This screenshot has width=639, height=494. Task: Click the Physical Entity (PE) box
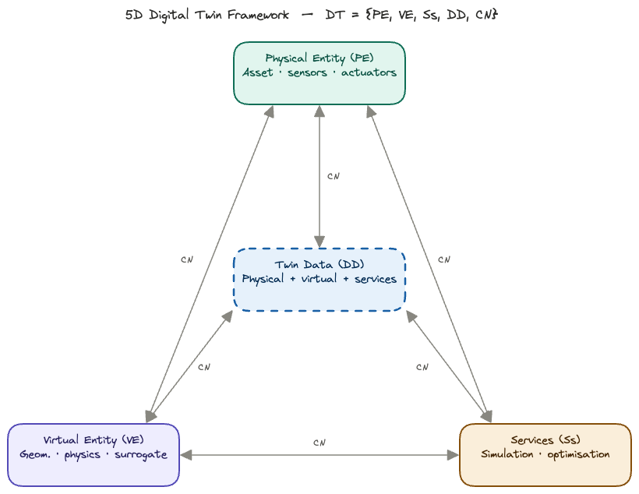[319, 72]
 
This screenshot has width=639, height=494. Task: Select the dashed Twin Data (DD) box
[319, 279]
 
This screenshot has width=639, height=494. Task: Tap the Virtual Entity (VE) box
[94, 454]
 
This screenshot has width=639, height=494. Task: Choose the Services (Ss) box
[545, 454]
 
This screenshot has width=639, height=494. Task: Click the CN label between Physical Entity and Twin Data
[333, 176]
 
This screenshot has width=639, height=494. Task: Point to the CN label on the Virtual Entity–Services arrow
[319, 443]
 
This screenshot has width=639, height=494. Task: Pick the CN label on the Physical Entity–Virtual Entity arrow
[186, 259]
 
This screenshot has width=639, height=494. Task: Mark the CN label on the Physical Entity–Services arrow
[443, 259]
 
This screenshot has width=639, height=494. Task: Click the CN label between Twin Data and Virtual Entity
[203, 367]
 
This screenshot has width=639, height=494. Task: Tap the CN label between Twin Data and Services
[422, 367]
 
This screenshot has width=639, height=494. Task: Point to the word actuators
[369, 72]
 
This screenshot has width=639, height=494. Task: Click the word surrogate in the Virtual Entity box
[140, 454]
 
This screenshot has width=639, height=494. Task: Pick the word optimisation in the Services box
[579, 454]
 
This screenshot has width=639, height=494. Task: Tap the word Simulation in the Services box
[507, 454]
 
